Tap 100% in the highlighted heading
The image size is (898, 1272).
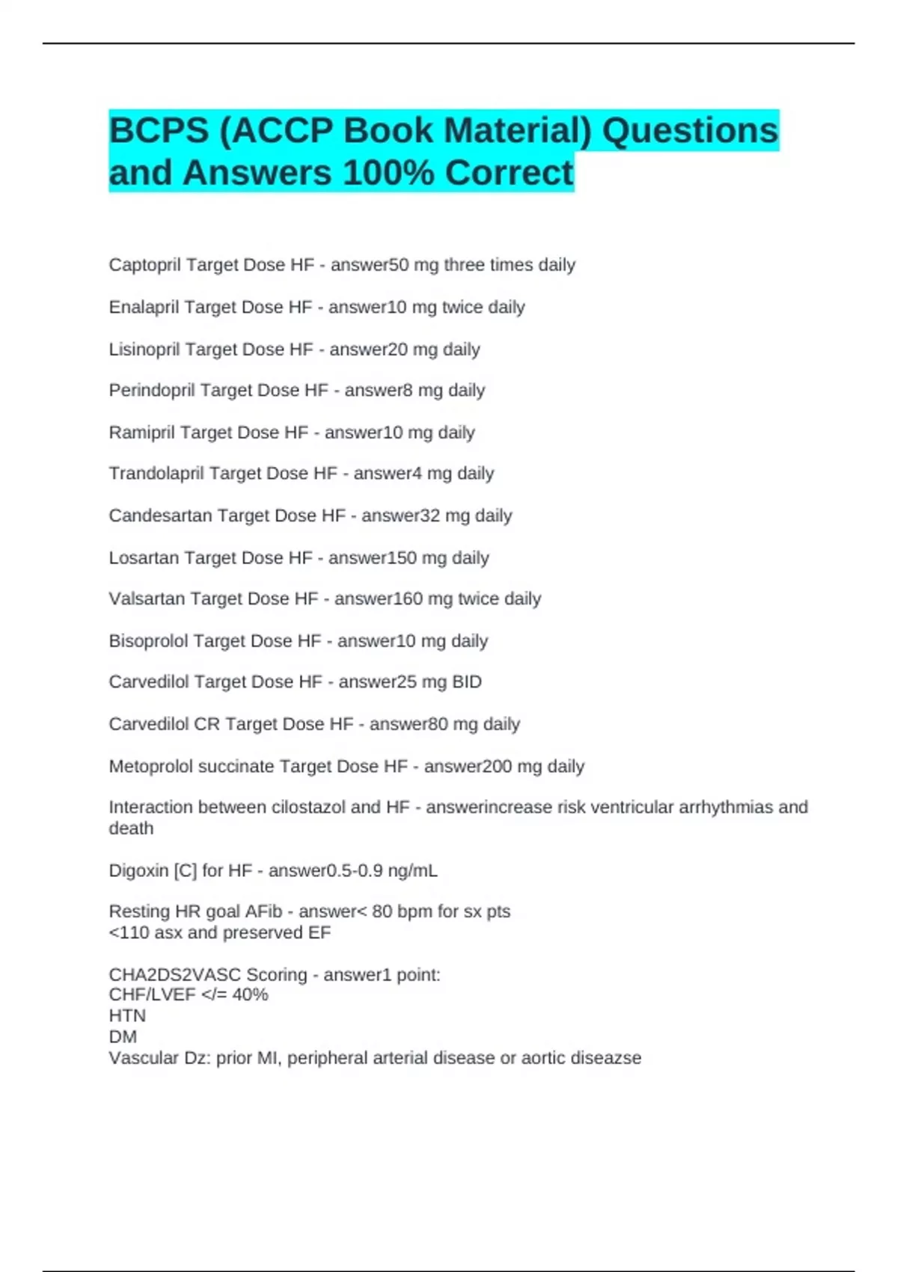(x=388, y=173)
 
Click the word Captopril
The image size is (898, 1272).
(x=144, y=265)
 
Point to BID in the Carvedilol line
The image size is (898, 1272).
(x=467, y=682)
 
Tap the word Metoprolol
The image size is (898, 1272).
(x=147, y=766)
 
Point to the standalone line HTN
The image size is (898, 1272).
(x=127, y=1016)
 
